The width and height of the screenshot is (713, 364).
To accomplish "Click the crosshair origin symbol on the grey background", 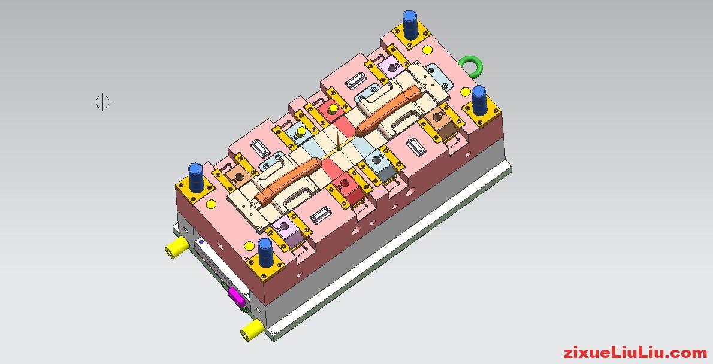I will pyautogui.click(x=103, y=102).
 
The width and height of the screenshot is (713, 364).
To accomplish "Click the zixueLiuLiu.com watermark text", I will pyautogui.click(x=635, y=353).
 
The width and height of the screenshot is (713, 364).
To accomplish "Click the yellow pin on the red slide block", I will pyautogui.click(x=330, y=110).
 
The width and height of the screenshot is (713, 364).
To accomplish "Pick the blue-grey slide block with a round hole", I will pyautogui.click(x=378, y=160).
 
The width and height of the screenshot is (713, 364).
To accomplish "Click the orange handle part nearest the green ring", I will pyautogui.click(x=386, y=109).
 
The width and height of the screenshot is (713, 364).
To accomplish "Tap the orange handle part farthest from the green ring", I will pyautogui.click(x=287, y=180).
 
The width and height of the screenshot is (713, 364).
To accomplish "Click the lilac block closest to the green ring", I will pyautogui.click(x=392, y=68).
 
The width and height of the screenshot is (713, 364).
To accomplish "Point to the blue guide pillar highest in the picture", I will pyautogui.click(x=410, y=23).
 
